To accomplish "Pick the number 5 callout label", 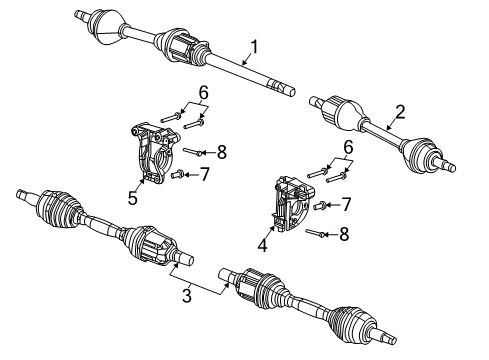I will point(133,198).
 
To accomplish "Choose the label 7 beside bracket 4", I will point(346,206).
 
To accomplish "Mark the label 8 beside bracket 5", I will point(222,152).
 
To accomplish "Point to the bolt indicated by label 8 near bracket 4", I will point(317,234).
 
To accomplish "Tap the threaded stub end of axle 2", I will point(450,163).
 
